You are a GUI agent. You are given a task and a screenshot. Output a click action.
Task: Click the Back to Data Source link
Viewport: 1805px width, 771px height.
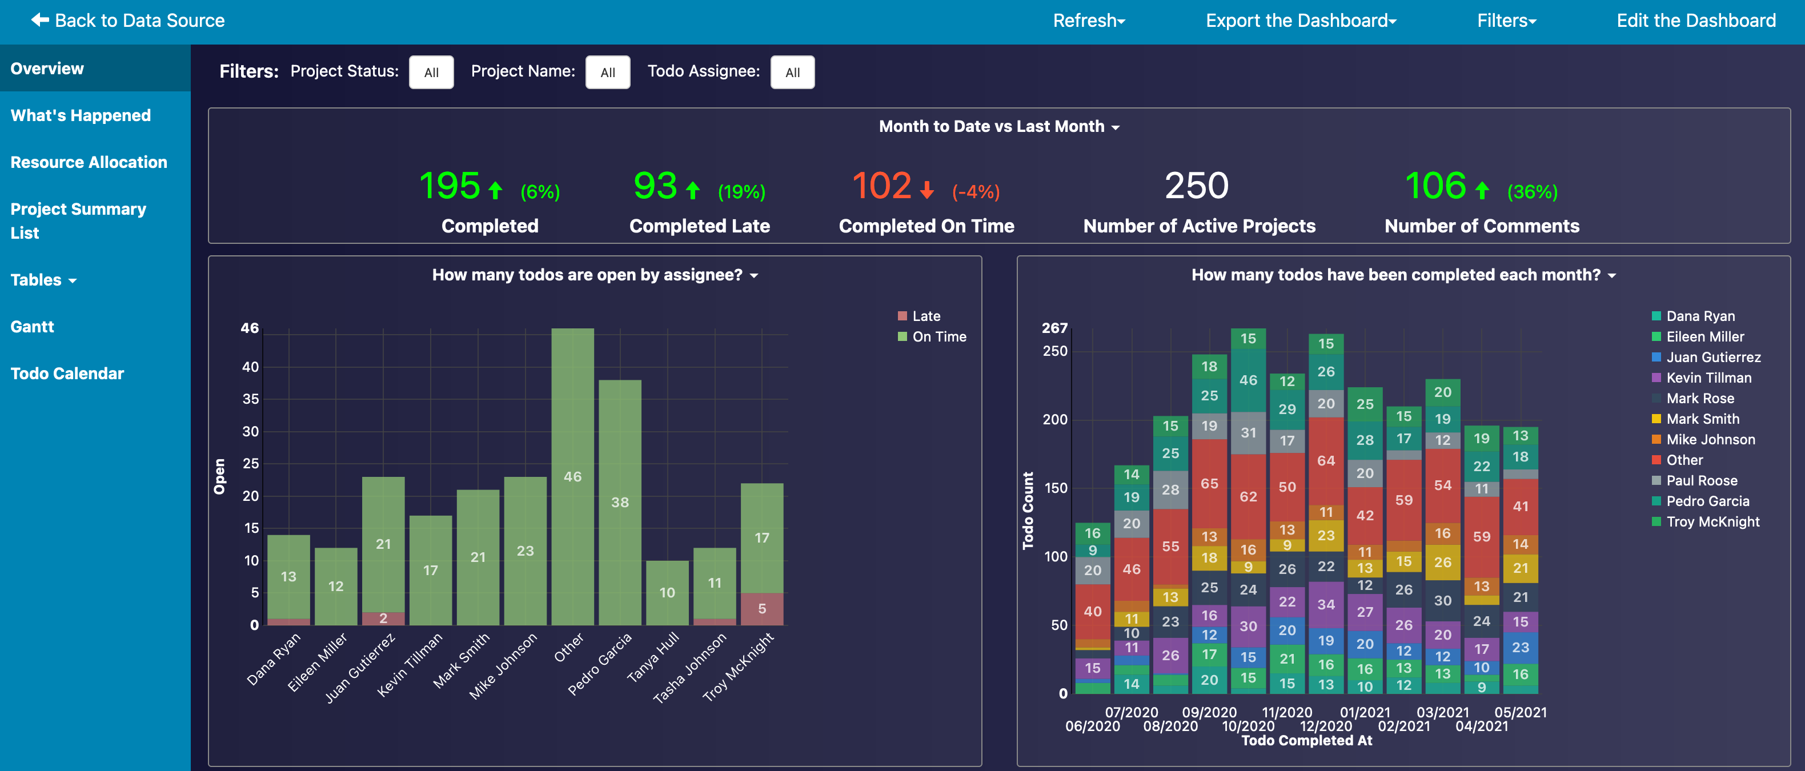click(x=127, y=21)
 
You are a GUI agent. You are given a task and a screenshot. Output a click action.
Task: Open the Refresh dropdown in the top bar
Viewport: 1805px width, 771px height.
click(x=1089, y=21)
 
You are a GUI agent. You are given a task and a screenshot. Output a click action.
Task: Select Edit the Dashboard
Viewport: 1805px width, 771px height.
click(x=1696, y=21)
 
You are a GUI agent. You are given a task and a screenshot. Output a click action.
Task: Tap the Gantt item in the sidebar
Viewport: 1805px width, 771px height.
click(x=32, y=326)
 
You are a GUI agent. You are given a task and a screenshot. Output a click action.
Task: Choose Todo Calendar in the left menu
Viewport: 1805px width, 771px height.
click(x=67, y=374)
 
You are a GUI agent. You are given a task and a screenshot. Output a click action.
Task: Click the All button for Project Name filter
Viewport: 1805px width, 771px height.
click(x=608, y=72)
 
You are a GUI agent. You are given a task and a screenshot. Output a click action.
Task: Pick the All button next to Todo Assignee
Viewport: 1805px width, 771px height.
click(x=792, y=72)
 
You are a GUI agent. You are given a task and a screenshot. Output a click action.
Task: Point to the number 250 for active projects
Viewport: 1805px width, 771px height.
click(x=1197, y=186)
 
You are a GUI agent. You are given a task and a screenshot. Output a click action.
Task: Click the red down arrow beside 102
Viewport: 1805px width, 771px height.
click(x=927, y=190)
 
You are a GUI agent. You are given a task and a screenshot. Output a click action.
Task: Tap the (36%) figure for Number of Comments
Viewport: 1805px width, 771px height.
click(x=1533, y=192)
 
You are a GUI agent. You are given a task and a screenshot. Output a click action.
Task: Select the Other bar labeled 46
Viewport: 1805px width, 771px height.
click(x=572, y=477)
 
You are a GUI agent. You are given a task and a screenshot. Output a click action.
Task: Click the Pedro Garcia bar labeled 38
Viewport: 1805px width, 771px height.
click(x=620, y=502)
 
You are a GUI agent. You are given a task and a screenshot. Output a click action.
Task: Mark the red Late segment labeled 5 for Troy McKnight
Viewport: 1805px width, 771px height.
click(x=763, y=609)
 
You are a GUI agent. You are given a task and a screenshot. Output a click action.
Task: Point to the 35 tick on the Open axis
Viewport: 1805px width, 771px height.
click(x=250, y=399)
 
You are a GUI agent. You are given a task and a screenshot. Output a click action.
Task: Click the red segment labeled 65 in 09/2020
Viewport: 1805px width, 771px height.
click(x=1209, y=483)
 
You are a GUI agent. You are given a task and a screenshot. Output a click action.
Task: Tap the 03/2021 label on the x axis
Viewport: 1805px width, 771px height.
click(x=1443, y=712)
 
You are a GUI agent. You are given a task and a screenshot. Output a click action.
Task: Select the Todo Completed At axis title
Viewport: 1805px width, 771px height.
click(x=1307, y=740)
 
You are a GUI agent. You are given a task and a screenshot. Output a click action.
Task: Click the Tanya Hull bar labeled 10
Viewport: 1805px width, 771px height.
click(x=667, y=592)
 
